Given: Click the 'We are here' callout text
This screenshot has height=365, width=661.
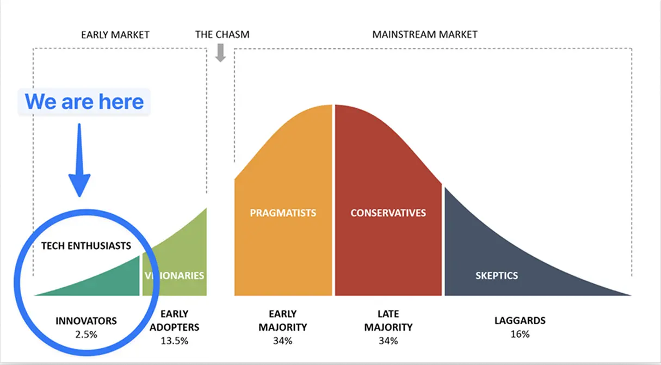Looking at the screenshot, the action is pos(84,102).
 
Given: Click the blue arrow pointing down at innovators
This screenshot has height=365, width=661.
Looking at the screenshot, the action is pos(79,160).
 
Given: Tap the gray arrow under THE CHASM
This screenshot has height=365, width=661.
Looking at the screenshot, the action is pos(220,53).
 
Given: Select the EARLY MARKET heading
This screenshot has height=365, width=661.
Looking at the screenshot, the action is pos(115,35).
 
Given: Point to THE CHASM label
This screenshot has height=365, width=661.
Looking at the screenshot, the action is pos(222,34).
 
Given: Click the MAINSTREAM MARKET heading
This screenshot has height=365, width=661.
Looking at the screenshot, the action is pos(425,34).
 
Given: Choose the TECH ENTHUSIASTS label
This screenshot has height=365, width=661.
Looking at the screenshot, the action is pos(86,246).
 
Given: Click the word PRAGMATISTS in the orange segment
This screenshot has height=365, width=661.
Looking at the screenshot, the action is pos(283,213).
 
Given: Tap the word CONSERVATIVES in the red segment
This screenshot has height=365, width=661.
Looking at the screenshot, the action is pos(388,213).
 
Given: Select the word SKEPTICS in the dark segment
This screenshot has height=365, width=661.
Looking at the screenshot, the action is pos(497,276).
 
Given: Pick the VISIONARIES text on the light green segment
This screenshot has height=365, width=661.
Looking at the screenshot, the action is pos(175,276).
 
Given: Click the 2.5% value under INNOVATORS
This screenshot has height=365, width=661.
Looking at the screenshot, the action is pos(86,335).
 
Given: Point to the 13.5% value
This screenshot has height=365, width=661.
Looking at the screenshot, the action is pos(175,341).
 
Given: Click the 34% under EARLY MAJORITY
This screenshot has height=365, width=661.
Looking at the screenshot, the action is pos(283,341).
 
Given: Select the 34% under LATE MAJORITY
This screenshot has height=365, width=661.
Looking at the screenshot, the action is pos(388,341).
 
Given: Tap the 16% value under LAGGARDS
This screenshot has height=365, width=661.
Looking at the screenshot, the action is pos(520,334).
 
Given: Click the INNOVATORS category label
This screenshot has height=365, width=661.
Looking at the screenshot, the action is pos(86,321).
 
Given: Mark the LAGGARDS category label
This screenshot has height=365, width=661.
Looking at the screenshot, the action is pos(520,320).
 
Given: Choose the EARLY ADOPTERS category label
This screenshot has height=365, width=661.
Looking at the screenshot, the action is pos(175,320).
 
